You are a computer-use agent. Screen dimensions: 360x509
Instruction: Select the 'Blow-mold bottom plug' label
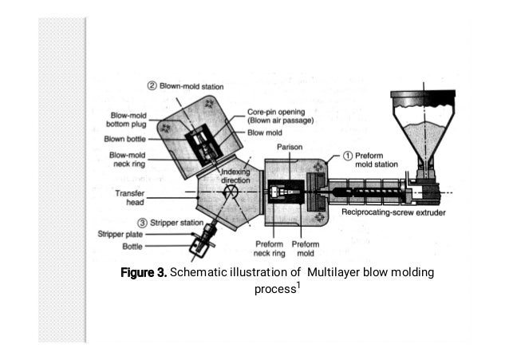126,119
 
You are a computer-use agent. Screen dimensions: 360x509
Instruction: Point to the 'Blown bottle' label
126,139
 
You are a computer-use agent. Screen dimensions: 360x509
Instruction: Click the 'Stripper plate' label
119,235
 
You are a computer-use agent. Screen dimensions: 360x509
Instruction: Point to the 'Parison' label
289,148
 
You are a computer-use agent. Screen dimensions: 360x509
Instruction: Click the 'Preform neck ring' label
270,248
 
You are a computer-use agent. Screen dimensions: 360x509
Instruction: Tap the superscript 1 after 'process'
298,283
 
